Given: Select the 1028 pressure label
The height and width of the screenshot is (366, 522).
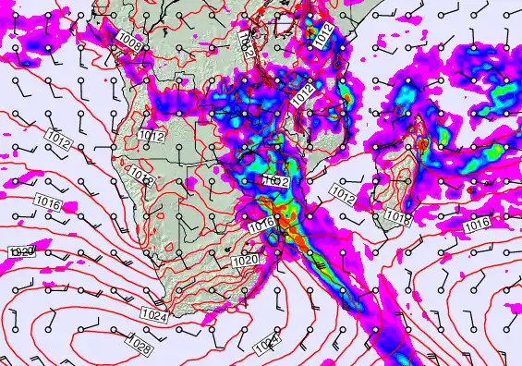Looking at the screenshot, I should [x=140, y=347].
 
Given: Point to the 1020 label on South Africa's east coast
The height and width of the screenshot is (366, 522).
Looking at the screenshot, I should [x=248, y=262].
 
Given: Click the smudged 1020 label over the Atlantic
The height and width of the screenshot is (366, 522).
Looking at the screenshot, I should [x=20, y=251].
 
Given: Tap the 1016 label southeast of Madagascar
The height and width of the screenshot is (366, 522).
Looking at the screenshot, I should [x=477, y=225].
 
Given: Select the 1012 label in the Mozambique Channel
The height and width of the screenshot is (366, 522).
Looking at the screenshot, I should [x=343, y=196].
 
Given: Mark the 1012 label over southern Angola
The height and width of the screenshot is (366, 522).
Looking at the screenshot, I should [x=152, y=136].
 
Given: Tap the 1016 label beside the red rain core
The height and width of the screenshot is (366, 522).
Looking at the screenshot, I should [x=261, y=224].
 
